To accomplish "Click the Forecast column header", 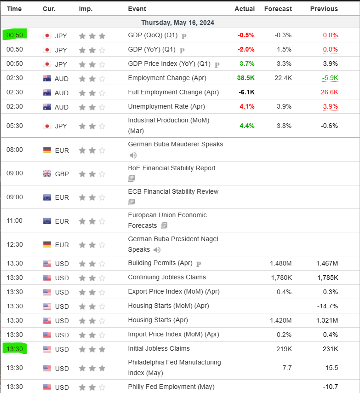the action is pyautogui.click(x=278, y=9).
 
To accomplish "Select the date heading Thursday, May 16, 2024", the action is pyautogui.click(x=177, y=23).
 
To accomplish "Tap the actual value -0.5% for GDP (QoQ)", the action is pyautogui.click(x=246, y=35).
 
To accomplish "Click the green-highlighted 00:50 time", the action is pyautogui.click(x=15, y=35).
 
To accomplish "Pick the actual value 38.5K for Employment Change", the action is pyautogui.click(x=246, y=78).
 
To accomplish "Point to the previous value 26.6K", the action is pyautogui.click(x=330, y=92).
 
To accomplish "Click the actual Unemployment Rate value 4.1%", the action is pyautogui.click(x=247, y=106).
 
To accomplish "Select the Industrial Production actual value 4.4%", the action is pyautogui.click(x=247, y=126).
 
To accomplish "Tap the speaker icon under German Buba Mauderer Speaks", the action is pyautogui.click(x=133, y=156).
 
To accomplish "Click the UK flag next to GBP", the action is pyautogui.click(x=47, y=173).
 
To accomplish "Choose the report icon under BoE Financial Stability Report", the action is pyautogui.click(x=131, y=178).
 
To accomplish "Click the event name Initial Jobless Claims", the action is pyautogui.click(x=159, y=348).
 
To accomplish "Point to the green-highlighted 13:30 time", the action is pyautogui.click(x=15, y=349).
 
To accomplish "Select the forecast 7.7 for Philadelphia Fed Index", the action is pyautogui.click(x=287, y=368).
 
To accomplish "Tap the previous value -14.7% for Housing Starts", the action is pyautogui.click(x=327, y=306).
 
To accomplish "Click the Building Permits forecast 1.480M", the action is pyautogui.click(x=280, y=263).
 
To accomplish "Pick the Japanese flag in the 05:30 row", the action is pyautogui.click(x=47, y=126).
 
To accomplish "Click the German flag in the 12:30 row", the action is pyautogui.click(x=47, y=244).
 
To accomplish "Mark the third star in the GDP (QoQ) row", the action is pyautogui.click(x=102, y=36).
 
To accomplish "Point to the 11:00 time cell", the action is pyautogui.click(x=15, y=220).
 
